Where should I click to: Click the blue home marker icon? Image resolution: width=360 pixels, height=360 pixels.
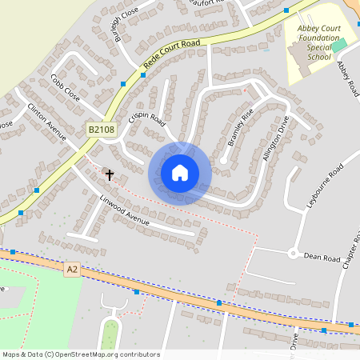(x=180, y=173)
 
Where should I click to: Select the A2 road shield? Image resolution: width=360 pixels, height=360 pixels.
(x=72, y=271)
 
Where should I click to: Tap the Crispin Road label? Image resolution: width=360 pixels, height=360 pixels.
(x=146, y=120)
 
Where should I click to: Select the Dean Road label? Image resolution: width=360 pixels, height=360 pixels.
(x=322, y=258)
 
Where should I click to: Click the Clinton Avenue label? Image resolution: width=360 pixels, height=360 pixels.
(x=46, y=119)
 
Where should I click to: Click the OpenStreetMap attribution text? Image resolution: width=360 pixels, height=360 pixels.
(x=81, y=354)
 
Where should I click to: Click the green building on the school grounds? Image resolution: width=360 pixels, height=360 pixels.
(x=339, y=45)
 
